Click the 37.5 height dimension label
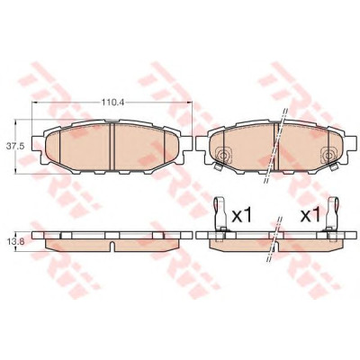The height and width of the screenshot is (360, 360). [x=13, y=146]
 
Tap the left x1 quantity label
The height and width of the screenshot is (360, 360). [x=241, y=216]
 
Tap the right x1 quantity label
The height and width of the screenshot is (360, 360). [x=310, y=216]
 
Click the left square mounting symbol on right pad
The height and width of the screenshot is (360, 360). [x=222, y=155]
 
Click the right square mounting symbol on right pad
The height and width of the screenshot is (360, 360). [x=329, y=155]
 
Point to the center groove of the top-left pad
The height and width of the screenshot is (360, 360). [x=112, y=147]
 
